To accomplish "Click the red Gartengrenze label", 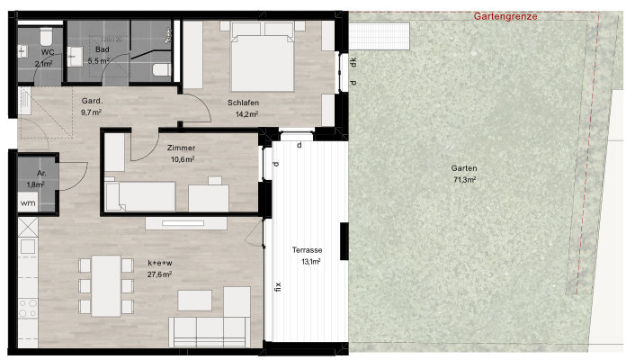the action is point(505,16).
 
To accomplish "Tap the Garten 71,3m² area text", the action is point(464,174).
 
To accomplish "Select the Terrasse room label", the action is point(307,250).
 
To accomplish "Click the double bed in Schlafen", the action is point(263,57).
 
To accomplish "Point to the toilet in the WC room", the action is point(46,36).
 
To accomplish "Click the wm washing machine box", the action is point(28,202).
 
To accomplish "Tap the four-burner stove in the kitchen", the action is point(28,308).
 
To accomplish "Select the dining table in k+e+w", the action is point(106,286).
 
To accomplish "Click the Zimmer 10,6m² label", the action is point(182,154).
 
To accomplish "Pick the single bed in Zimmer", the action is point(140,196).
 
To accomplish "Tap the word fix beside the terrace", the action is point(278,287).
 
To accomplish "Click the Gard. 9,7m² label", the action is point(92,106).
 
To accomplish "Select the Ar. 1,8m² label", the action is point(37,179).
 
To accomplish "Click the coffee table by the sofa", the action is point(195,301).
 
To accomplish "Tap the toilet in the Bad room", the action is point(162,69).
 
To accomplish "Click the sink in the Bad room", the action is point(75,57).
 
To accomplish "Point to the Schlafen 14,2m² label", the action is point(244,108).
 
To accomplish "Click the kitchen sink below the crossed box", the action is point(28,247).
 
